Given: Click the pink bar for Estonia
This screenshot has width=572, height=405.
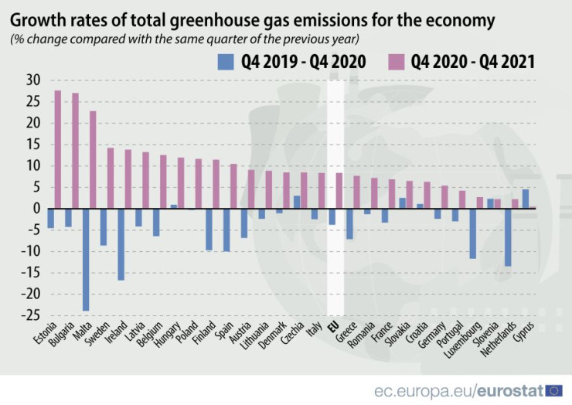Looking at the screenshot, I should click(58, 149).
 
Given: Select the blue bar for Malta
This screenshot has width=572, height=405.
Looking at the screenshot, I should click(86, 259).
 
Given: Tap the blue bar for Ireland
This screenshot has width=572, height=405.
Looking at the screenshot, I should click(121, 247).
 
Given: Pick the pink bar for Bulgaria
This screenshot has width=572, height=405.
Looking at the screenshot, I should click(75, 151).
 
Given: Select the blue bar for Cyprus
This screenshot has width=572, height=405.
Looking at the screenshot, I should click(526, 199).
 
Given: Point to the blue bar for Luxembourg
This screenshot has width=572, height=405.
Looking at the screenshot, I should click(473, 233).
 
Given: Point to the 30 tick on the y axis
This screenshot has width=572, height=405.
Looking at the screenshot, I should click(32, 80).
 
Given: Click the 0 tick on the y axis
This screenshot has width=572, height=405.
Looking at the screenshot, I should click(36, 209).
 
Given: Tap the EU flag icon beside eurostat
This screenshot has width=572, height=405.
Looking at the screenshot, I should click(553, 390).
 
